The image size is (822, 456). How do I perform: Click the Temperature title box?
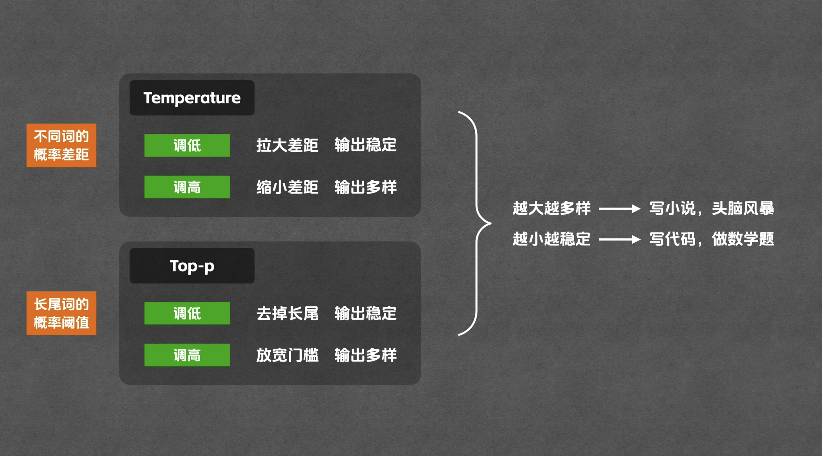(192, 98)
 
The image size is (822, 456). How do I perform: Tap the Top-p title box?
(192, 266)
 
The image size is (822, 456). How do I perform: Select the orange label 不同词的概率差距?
(61, 145)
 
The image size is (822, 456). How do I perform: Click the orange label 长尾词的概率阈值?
(61, 313)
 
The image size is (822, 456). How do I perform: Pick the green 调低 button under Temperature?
(187, 145)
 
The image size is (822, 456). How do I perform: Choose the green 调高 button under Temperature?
(187, 187)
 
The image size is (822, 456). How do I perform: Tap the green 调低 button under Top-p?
(187, 313)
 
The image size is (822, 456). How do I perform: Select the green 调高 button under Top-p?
(187, 355)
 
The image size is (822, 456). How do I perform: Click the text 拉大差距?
(287, 145)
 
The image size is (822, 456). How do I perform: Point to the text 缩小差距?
(287, 187)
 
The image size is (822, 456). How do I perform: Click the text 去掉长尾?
(287, 313)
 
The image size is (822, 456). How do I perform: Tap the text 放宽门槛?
(287, 355)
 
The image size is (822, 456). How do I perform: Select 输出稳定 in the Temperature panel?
(365, 145)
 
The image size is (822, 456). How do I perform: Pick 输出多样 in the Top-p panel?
(365, 355)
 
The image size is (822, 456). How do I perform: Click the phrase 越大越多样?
(551, 208)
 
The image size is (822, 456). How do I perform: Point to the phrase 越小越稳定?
(551, 239)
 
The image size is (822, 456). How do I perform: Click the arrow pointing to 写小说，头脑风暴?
(619, 209)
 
